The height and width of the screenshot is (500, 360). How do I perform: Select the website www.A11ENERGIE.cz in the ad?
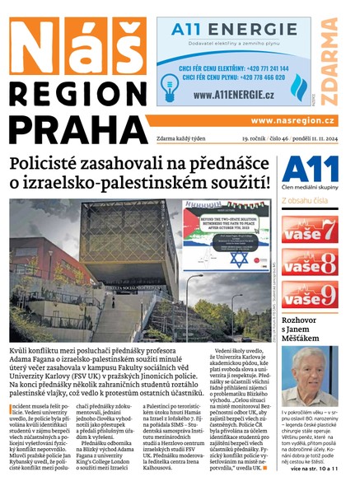pyautogui.click(x=234, y=94)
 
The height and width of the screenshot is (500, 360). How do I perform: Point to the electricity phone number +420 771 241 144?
pyautogui.click(x=254, y=66)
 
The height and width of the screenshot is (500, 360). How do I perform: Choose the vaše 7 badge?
pyautogui.click(x=309, y=229)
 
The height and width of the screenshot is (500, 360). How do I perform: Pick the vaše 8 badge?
pyautogui.click(x=309, y=262)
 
